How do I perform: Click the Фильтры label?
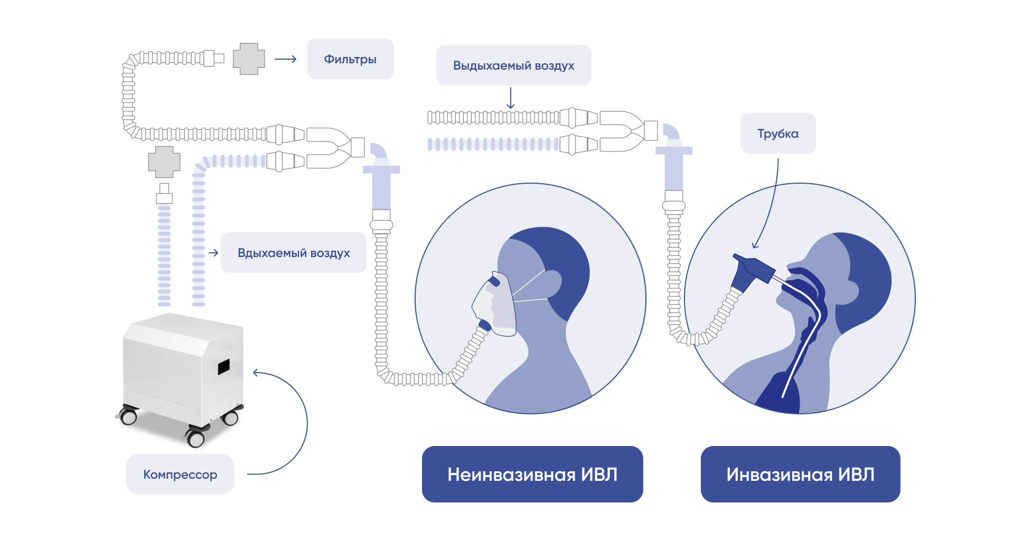[x=350, y=59]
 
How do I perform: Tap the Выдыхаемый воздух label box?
[x=513, y=65]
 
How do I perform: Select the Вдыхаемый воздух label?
[x=294, y=253]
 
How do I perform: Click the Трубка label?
[x=777, y=134]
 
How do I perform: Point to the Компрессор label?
[x=180, y=474]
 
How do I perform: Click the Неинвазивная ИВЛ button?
[x=532, y=474]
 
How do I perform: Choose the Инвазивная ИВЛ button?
[x=800, y=474]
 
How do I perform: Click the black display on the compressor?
[x=224, y=366]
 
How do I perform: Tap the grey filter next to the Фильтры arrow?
[x=249, y=59]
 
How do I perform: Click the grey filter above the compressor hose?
[x=164, y=162]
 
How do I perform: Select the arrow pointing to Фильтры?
[x=286, y=59]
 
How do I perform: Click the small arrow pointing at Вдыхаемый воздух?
[x=213, y=253]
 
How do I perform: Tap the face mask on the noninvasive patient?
[x=494, y=303]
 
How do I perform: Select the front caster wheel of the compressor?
[x=195, y=438]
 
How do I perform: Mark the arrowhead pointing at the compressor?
[x=256, y=373]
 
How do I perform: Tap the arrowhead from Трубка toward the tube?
[x=755, y=245]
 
